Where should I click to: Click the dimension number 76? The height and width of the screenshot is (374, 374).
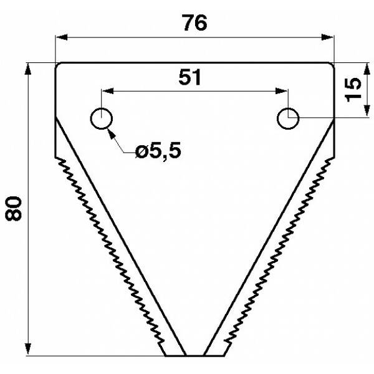[x=194, y=22]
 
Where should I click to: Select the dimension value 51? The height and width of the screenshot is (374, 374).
[x=190, y=77]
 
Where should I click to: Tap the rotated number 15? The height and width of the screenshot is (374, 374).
[x=353, y=90]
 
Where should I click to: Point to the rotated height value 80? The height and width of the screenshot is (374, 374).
[x=13, y=208]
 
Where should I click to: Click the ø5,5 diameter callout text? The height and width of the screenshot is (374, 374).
[x=158, y=151]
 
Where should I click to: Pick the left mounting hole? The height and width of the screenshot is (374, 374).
[x=102, y=118]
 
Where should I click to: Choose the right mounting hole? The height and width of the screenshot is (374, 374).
[x=288, y=118]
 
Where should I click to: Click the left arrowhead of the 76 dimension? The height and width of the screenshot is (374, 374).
[x=61, y=37]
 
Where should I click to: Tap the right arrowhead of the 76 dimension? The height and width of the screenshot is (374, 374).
[x=327, y=37]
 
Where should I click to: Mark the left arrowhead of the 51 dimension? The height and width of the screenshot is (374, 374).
[x=108, y=91]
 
